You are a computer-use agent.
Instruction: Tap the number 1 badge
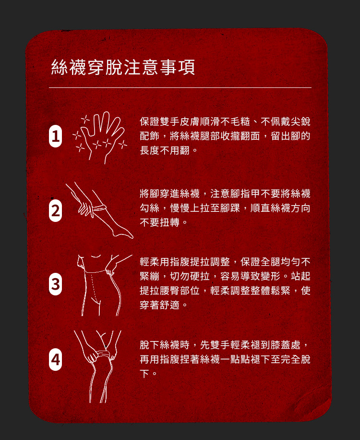coord(56,136)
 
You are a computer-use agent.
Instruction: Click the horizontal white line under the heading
coord(180,88)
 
